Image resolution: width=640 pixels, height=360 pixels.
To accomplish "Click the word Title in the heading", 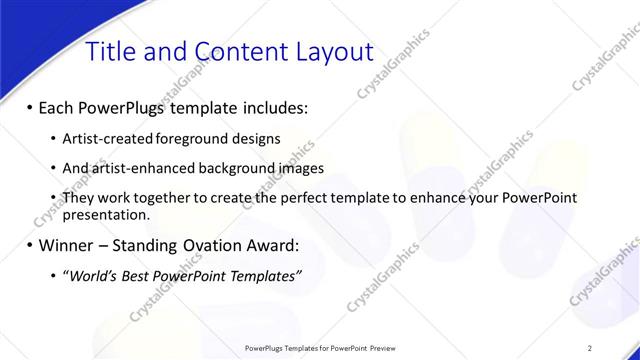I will (112, 52).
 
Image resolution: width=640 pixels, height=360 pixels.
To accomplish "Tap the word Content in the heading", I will (236, 52).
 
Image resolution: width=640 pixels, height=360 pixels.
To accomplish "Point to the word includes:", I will (271, 107).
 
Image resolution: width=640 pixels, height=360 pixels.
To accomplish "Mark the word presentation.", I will (106, 214).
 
